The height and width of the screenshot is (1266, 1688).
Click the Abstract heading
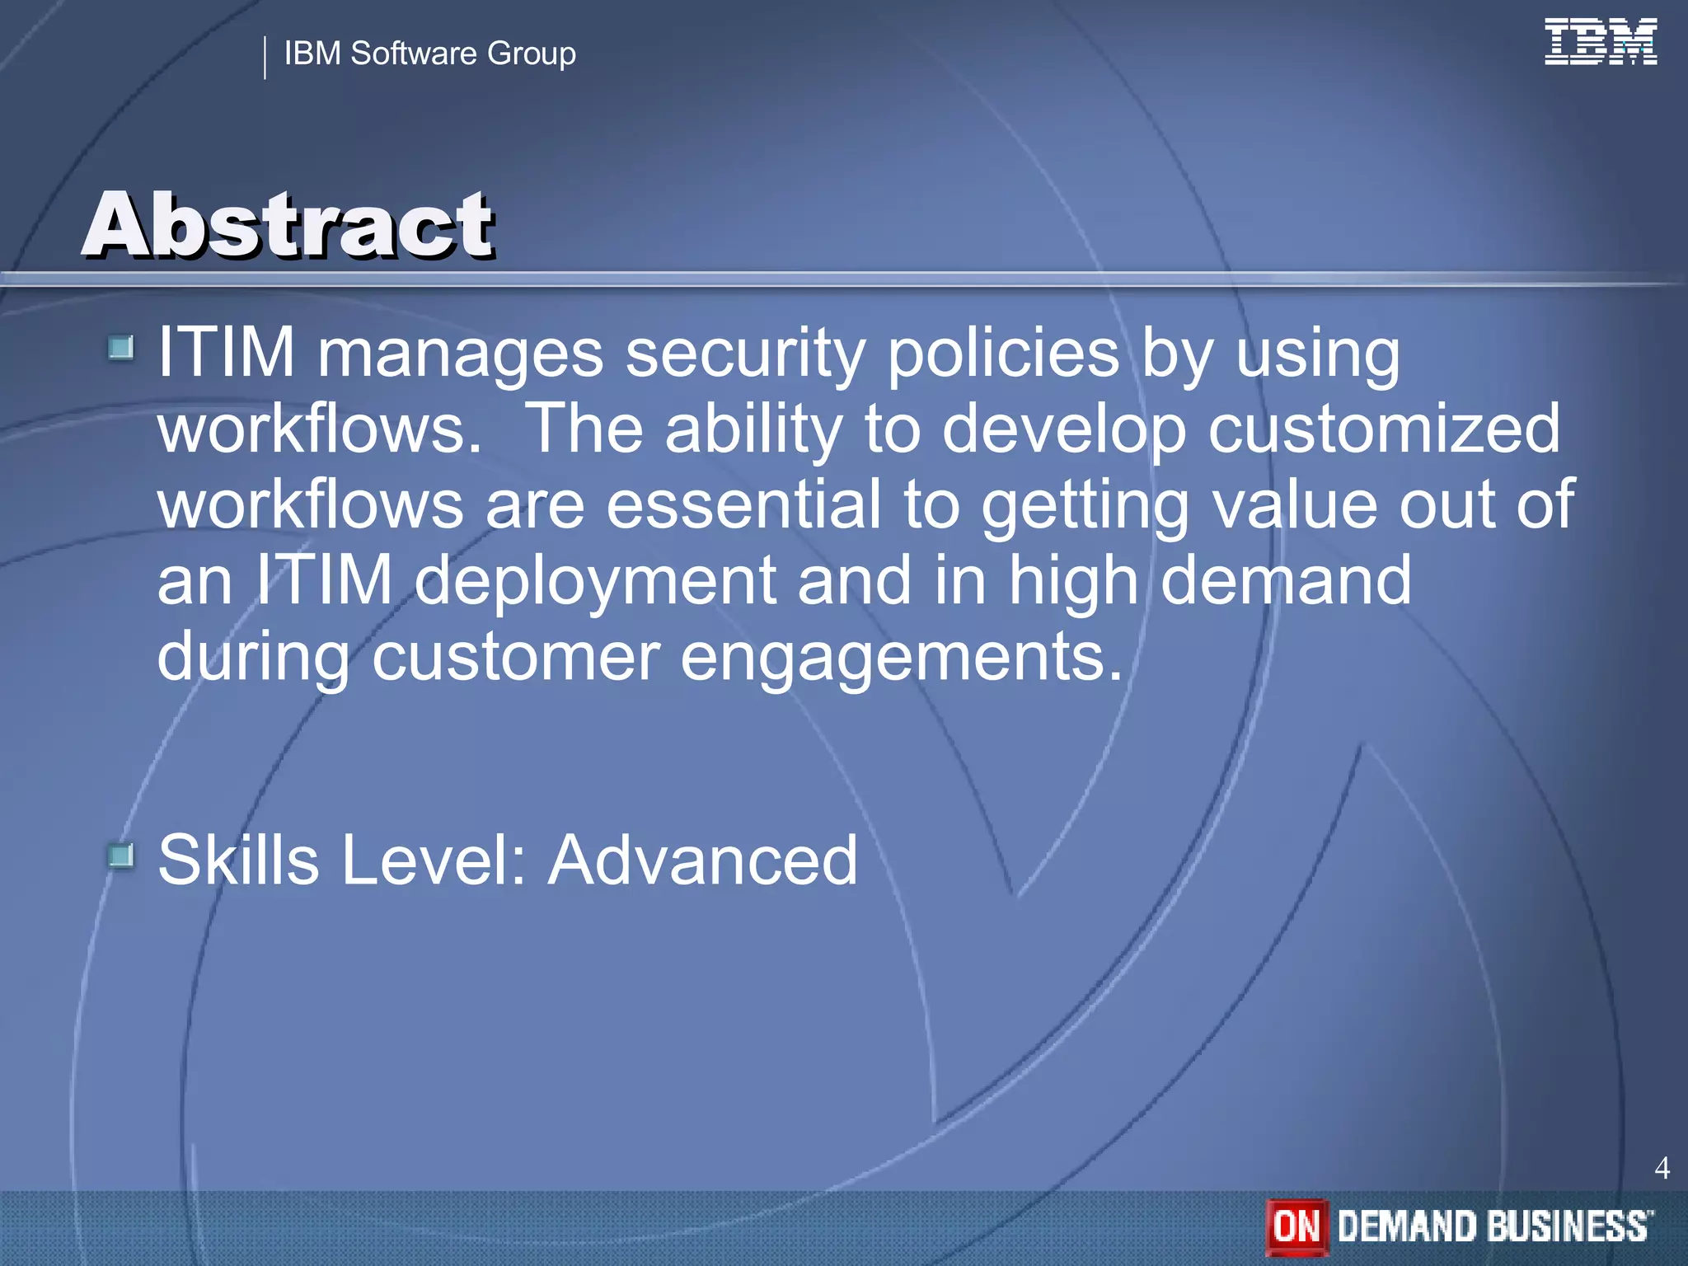pos(288,224)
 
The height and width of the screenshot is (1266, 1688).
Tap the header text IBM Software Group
pos(429,54)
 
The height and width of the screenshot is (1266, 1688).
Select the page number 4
pos(1662,1168)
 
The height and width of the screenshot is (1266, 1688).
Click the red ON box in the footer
pos(1296,1226)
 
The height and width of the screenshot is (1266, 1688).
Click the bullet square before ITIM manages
pos(121,348)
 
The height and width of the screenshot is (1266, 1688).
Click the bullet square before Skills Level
pos(121,856)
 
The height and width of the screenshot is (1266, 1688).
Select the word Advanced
pos(703,860)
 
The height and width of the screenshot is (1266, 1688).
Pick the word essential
pos(743,504)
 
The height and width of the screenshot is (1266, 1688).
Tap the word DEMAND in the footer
pos(1404,1226)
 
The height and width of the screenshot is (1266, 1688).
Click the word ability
pos(753,430)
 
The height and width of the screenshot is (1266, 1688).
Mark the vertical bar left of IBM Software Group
pos(265,58)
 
